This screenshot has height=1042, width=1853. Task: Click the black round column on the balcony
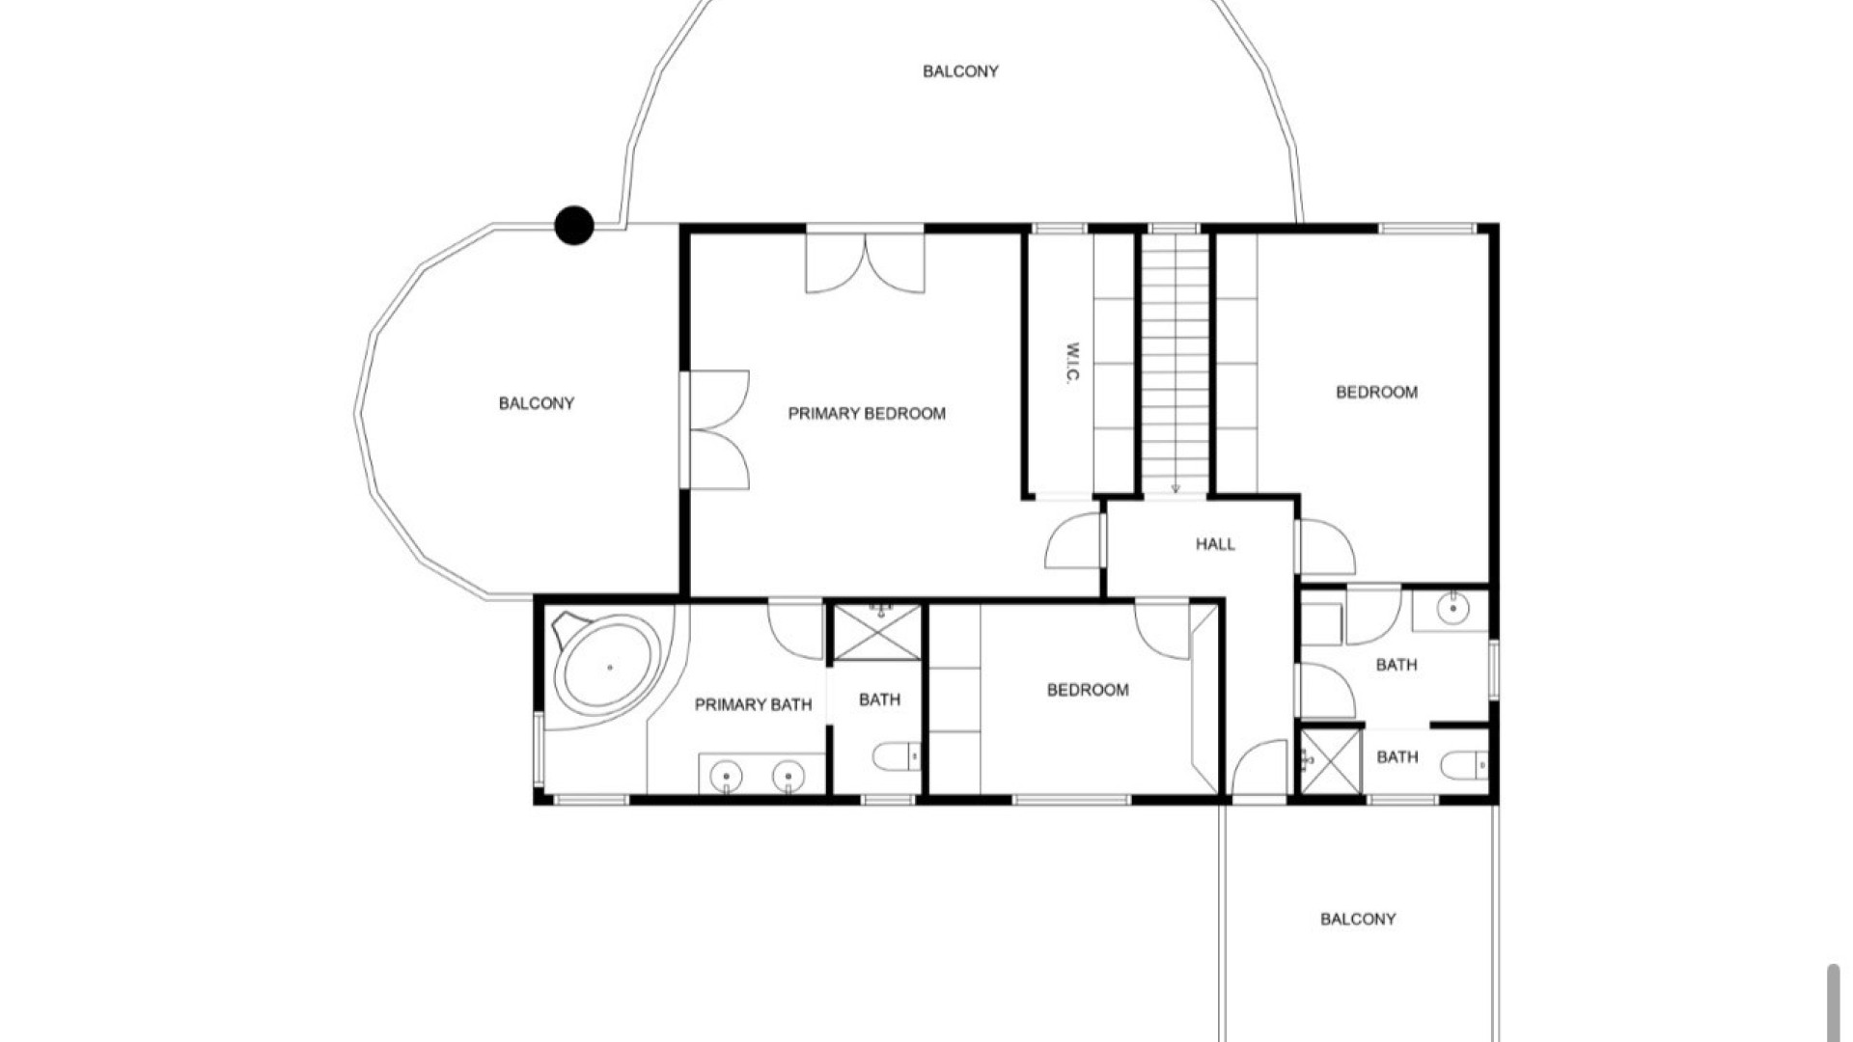click(x=574, y=225)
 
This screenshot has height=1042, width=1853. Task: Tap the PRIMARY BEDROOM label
click(x=867, y=414)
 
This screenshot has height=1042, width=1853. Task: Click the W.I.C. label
click(x=1071, y=364)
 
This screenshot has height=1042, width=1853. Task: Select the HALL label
click(x=1215, y=544)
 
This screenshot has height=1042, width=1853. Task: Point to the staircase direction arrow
click(x=1175, y=488)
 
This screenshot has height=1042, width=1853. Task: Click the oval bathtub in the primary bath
click(x=609, y=667)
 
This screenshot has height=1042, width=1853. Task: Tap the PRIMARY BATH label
click(x=753, y=705)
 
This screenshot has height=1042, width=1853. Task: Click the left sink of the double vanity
click(x=726, y=774)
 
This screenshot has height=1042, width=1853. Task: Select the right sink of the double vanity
click(x=788, y=774)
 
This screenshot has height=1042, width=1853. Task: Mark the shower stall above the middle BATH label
click(x=877, y=633)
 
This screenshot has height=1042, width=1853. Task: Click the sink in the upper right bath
click(x=1452, y=609)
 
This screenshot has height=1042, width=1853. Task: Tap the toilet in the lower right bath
click(x=1465, y=766)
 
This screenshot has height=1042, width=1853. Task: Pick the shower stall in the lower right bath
click(x=1329, y=761)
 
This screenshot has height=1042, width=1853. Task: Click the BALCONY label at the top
click(x=960, y=71)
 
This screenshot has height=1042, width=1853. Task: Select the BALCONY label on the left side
click(x=537, y=403)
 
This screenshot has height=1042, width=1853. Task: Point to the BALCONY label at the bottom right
click(x=1358, y=919)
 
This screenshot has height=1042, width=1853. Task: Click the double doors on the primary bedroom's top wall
click(x=866, y=261)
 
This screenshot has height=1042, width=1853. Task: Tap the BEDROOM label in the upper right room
click(x=1376, y=393)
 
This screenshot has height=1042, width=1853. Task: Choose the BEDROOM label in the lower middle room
click(x=1088, y=690)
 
